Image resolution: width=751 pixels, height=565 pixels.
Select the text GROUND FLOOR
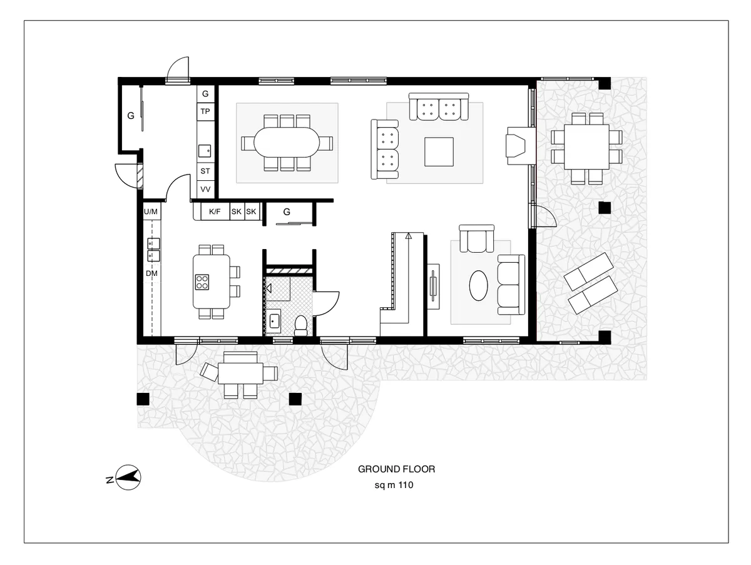click(x=396, y=469)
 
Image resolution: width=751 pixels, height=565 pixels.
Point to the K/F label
click(x=215, y=212)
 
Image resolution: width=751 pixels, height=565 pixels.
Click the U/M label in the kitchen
click(x=151, y=212)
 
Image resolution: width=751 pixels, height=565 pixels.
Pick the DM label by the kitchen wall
click(x=151, y=274)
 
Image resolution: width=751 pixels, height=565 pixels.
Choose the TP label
click(x=205, y=111)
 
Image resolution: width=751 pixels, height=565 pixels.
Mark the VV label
click(x=205, y=189)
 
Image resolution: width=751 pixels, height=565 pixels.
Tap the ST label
click(x=205, y=171)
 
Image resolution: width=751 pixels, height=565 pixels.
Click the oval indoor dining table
click(x=287, y=143)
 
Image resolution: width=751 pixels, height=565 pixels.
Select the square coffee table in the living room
click(x=438, y=151)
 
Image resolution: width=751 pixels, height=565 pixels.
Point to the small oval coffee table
click(x=480, y=286)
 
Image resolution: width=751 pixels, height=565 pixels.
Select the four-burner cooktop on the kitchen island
click(x=202, y=282)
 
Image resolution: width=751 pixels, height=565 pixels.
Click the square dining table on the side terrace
click(x=586, y=146)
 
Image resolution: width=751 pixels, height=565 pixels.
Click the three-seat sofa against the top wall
click(x=439, y=108)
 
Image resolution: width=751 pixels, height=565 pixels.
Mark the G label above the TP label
click(x=205, y=94)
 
